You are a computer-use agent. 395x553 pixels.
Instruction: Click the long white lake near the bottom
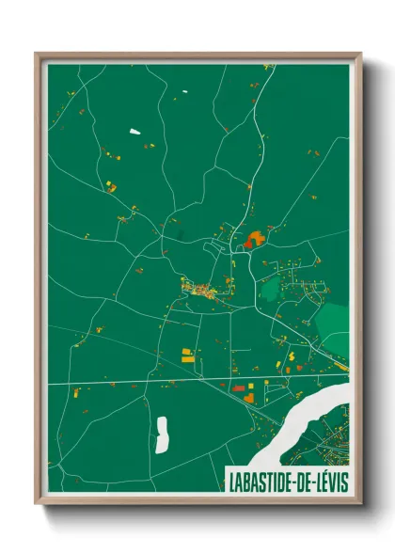click(x=161, y=433)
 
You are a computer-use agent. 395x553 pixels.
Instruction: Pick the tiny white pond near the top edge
click(x=184, y=91)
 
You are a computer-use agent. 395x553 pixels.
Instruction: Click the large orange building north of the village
click(x=252, y=240)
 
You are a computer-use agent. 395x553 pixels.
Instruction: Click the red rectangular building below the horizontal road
click(x=239, y=387)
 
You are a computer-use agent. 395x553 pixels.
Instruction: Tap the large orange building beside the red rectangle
click(x=249, y=396)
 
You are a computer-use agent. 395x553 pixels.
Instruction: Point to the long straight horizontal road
click(x=188, y=381)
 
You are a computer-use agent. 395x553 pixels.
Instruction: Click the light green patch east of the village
click(x=331, y=324)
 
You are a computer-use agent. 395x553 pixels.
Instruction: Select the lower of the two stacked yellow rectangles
click(x=187, y=358)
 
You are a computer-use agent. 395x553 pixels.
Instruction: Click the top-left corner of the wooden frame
click(x=37, y=54)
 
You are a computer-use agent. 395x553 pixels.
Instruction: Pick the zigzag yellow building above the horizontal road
click(x=291, y=357)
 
